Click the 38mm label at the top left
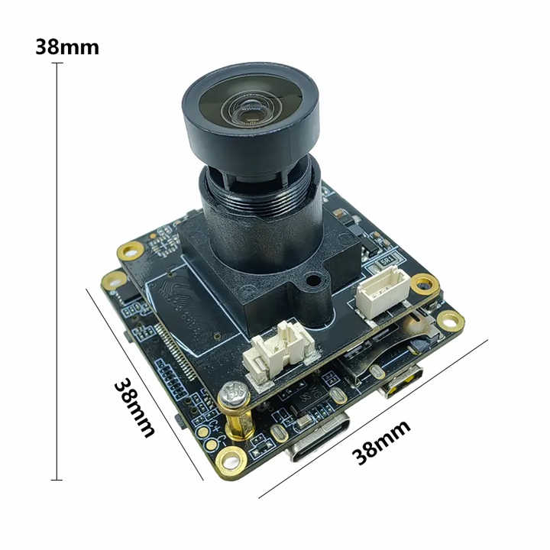[67, 47]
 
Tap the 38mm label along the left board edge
[134, 406]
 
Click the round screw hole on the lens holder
[312, 281]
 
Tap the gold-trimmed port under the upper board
[402, 380]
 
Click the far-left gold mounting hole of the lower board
[113, 280]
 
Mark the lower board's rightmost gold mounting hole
[450, 322]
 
